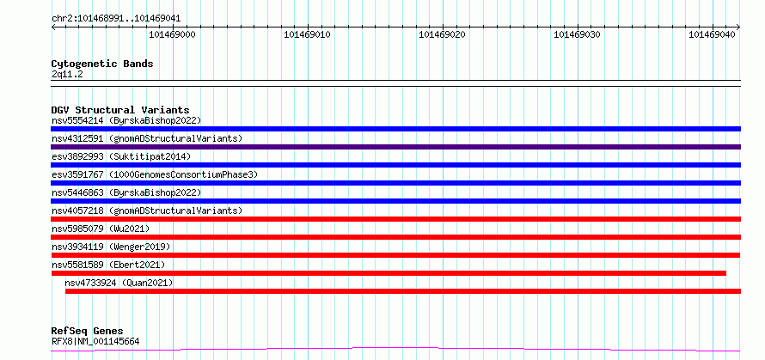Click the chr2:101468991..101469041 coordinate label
coord(116,19)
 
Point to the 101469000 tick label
coord(172,34)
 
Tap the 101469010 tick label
coord(307,34)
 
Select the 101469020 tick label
coord(442,34)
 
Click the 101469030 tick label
coord(577,34)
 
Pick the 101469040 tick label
coord(712,34)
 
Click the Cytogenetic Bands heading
coord(102,64)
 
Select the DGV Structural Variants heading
coord(120,110)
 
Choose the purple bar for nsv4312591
coord(395,147)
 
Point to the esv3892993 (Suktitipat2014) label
coord(121,156)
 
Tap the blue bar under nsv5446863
coord(395,201)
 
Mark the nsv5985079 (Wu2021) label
coord(101,229)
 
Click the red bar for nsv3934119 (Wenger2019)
coord(395,255)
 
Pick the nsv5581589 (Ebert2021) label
coord(108,265)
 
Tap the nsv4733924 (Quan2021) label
coord(119,283)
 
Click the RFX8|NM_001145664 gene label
coord(95,341)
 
